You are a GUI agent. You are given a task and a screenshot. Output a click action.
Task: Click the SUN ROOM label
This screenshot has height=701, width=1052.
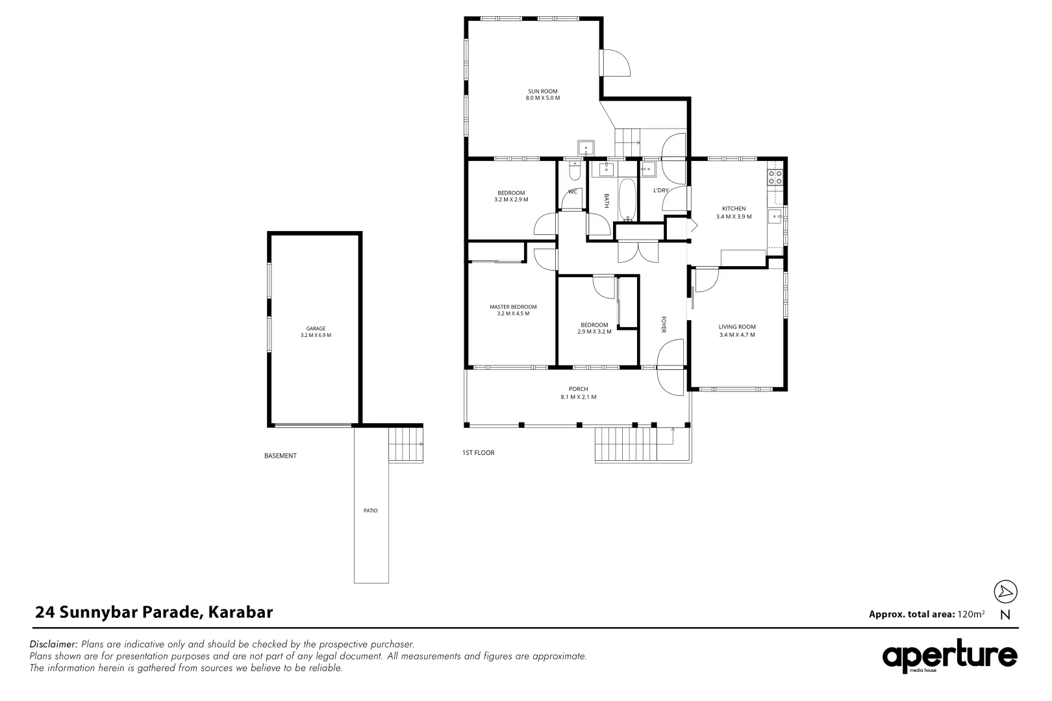coord(542,92)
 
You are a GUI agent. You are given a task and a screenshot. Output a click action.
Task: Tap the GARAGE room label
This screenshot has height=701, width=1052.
coord(316,328)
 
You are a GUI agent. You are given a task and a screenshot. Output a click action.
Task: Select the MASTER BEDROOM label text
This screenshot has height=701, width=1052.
coord(512,307)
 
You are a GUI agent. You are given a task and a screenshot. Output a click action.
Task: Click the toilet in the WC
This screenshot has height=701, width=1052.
coord(574,171)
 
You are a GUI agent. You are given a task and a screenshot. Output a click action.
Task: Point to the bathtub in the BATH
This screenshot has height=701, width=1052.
coord(627,198)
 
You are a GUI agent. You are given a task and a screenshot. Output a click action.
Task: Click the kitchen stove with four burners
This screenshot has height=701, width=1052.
coord(775,177)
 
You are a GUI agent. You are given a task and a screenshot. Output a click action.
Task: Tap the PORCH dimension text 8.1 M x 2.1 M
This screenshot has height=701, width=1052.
coord(578,397)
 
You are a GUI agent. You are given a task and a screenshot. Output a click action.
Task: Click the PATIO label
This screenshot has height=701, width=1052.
coord(370,511)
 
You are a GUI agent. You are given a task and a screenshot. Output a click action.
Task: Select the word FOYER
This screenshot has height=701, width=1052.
coord(664,325)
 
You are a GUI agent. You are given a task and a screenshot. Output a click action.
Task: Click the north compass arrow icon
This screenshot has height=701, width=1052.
coord(1005,591)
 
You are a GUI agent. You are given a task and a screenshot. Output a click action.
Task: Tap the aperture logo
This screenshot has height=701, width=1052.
coord(949,657)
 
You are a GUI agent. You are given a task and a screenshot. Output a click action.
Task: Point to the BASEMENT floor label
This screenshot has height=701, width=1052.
coord(280,456)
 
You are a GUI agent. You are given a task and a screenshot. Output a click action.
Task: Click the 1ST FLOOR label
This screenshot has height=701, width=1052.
coord(478,452)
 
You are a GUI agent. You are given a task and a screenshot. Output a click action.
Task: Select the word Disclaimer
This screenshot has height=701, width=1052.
coord(54,645)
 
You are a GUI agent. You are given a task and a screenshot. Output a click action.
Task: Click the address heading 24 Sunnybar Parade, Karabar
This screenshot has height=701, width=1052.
coord(154,612)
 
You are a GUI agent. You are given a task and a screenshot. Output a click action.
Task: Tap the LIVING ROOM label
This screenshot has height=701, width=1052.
coord(736,327)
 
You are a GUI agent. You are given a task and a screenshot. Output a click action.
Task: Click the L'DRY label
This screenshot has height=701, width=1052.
coord(660,190)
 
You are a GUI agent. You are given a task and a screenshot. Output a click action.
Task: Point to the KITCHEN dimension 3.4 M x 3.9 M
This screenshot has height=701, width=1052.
coord(733,217)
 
